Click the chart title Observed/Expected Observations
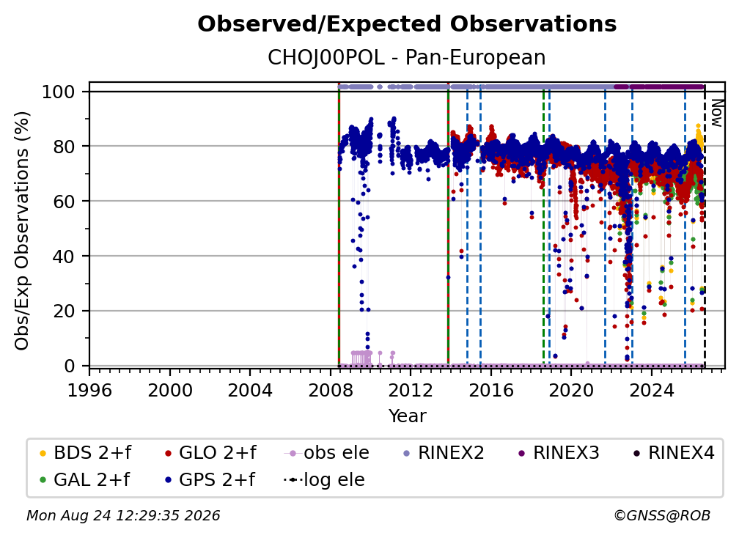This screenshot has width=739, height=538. click(x=407, y=24)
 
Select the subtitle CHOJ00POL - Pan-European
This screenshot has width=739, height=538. click(x=407, y=58)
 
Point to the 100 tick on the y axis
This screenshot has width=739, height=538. click(x=59, y=92)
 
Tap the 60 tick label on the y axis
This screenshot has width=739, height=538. click(x=64, y=202)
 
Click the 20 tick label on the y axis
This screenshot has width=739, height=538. click(x=64, y=312)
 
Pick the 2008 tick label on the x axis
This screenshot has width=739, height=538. click(x=331, y=391)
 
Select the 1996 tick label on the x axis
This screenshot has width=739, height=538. click(x=89, y=391)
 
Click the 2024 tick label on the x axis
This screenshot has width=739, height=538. click(x=651, y=391)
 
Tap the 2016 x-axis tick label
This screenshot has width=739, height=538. click(x=490, y=391)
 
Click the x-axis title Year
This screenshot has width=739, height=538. click(x=407, y=416)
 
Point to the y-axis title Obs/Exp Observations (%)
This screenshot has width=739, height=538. click(x=22, y=231)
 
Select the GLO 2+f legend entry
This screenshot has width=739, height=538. click(x=210, y=453)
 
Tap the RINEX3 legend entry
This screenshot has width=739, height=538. click(x=559, y=453)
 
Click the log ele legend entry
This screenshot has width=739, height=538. click(x=324, y=480)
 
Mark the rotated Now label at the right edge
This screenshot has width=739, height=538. click(x=716, y=113)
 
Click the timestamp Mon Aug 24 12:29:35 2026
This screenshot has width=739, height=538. click(x=123, y=516)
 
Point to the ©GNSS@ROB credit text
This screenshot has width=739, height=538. click(x=662, y=516)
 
